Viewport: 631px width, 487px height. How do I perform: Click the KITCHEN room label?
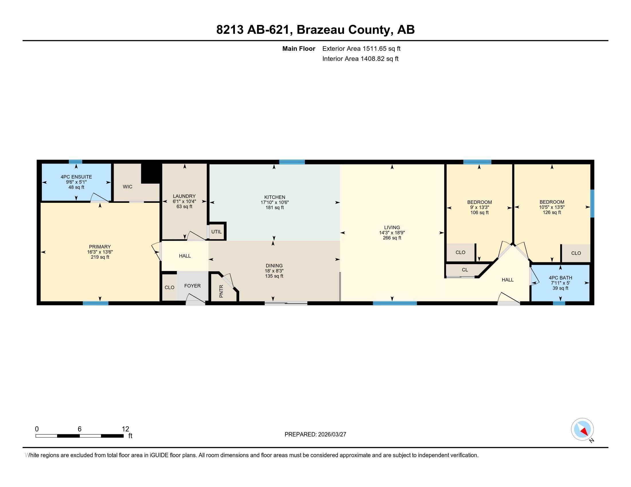pyautogui.click(x=274, y=197)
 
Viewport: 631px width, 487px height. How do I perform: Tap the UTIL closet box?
pyautogui.click(x=216, y=232)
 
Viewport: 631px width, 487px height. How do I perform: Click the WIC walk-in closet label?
pyautogui.click(x=127, y=187)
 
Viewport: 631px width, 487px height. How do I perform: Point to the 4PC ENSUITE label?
pyautogui.click(x=76, y=177)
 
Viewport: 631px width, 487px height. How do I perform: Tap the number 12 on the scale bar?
pyautogui.click(x=125, y=429)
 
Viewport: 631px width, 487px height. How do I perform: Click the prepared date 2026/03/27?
pyautogui.click(x=331, y=434)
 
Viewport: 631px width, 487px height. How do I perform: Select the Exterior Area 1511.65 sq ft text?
pyautogui.click(x=361, y=48)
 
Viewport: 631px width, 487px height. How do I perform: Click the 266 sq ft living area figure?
pyautogui.click(x=392, y=238)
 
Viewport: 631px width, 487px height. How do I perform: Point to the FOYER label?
pyautogui.click(x=192, y=286)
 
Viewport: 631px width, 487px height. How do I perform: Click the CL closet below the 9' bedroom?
pyautogui.click(x=465, y=270)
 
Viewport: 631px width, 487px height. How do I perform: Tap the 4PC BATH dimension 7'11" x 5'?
pyautogui.click(x=560, y=283)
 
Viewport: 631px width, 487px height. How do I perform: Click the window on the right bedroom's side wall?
pyautogui.click(x=592, y=203)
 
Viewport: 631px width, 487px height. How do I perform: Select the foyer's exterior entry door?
pyautogui.click(x=195, y=302)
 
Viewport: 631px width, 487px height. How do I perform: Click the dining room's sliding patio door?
pyautogui.click(x=286, y=303)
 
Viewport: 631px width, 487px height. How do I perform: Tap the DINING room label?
pyautogui.click(x=274, y=266)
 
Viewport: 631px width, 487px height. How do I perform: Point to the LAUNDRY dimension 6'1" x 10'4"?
pyautogui.click(x=184, y=201)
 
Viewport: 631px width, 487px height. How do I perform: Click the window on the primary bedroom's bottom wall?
pyautogui.click(x=95, y=303)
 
